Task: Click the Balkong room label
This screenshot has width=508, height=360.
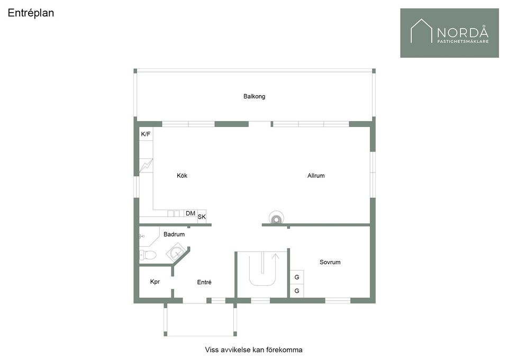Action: (x=255, y=96)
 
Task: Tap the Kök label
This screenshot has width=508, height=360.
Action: (x=182, y=176)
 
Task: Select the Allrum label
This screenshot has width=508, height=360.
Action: (x=316, y=176)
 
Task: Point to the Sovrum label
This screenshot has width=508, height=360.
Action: (x=330, y=262)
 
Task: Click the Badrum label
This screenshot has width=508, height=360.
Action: (x=174, y=235)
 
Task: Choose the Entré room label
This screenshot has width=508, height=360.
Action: (x=204, y=282)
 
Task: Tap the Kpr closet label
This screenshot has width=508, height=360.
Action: (x=155, y=282)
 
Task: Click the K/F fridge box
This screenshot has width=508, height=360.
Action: (x=146, y=134)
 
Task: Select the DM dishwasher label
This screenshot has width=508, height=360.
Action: (x=190, y=213)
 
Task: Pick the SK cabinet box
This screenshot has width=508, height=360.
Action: (x=202, y=217)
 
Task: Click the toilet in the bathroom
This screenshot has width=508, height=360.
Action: (x=148, y=255)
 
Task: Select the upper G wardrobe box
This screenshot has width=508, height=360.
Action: (x=297, y=277)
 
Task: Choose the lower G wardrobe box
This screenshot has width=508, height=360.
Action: (x=297, y=291)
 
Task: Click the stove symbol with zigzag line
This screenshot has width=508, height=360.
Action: (x=146, y=166)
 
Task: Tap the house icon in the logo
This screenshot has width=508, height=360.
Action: (x=421, y=31)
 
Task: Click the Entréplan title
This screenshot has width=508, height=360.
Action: (x=31, y=13)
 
